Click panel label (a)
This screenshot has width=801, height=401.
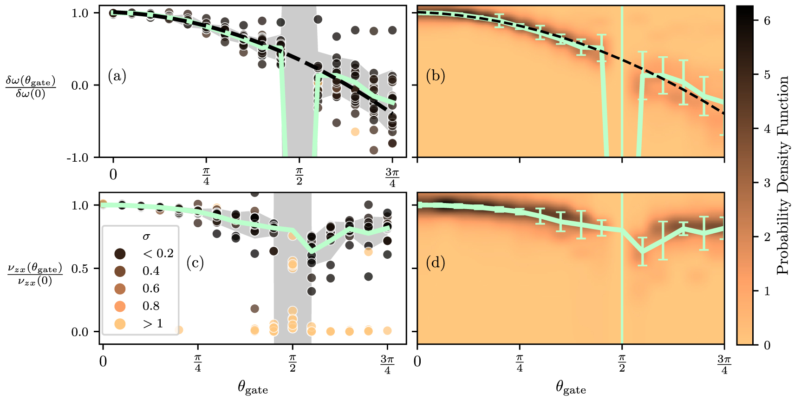[117, 76]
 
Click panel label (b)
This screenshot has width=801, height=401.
[435, 76]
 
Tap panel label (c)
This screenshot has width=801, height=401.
[195, 263]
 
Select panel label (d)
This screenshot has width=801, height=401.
[435, 263]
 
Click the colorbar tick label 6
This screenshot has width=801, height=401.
[767, 20]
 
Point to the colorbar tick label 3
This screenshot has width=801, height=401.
[767, 183]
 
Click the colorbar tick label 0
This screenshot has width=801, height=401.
[767, 345]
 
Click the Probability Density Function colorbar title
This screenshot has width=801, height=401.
[783, 175]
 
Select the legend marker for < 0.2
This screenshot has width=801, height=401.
[120, 254]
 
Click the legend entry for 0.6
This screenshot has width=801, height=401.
[151, 289]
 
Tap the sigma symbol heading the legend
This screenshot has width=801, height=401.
[146, 237]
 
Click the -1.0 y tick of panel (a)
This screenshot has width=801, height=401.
[78, 158]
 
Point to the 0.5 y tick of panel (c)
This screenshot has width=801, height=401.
[80, 269]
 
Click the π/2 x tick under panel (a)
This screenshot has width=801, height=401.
[299, 177]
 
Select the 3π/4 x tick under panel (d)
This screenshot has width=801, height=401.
[724, 364]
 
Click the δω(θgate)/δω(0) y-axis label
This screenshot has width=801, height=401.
[31, 87]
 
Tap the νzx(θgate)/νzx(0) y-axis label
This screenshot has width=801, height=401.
[35, 275]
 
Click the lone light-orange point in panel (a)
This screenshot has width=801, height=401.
[355, 131]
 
